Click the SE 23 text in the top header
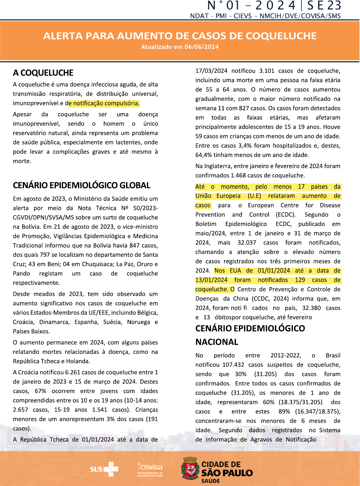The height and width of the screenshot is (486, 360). click(324, 6)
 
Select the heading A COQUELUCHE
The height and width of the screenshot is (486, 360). click(43, 73)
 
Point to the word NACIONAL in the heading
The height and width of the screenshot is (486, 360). click(217, 342)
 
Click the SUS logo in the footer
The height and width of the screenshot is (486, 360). click(104, 469)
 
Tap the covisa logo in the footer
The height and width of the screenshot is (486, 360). click(150, 469)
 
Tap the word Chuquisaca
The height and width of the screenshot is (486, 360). click(97, 264)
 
